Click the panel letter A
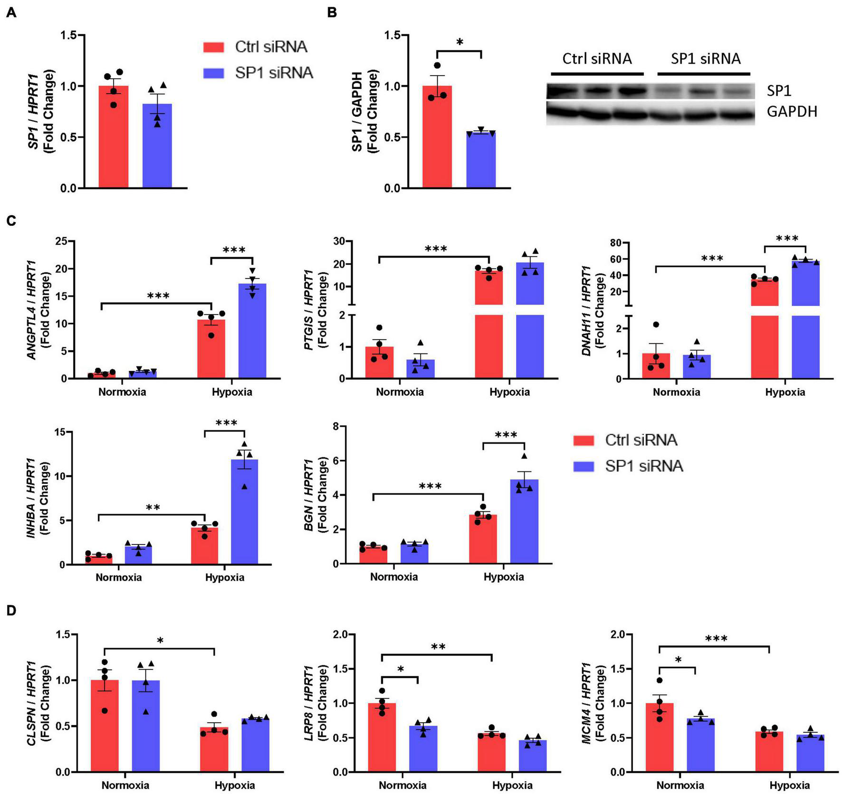(11, 13)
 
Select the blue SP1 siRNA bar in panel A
(157, 147)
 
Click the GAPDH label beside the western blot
(792, 112)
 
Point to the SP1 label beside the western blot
(779, 90)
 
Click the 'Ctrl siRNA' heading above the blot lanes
(597, 59)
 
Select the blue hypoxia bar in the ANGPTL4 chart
(252, 333)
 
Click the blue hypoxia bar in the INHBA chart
(244, 513)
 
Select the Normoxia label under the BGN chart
(394, 577)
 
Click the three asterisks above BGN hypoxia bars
(506, 435)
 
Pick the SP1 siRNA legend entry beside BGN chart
(643, 466)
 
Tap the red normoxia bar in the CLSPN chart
(105, 727)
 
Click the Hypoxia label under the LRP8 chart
(512, 785)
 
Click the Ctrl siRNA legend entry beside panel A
(271, 47)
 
